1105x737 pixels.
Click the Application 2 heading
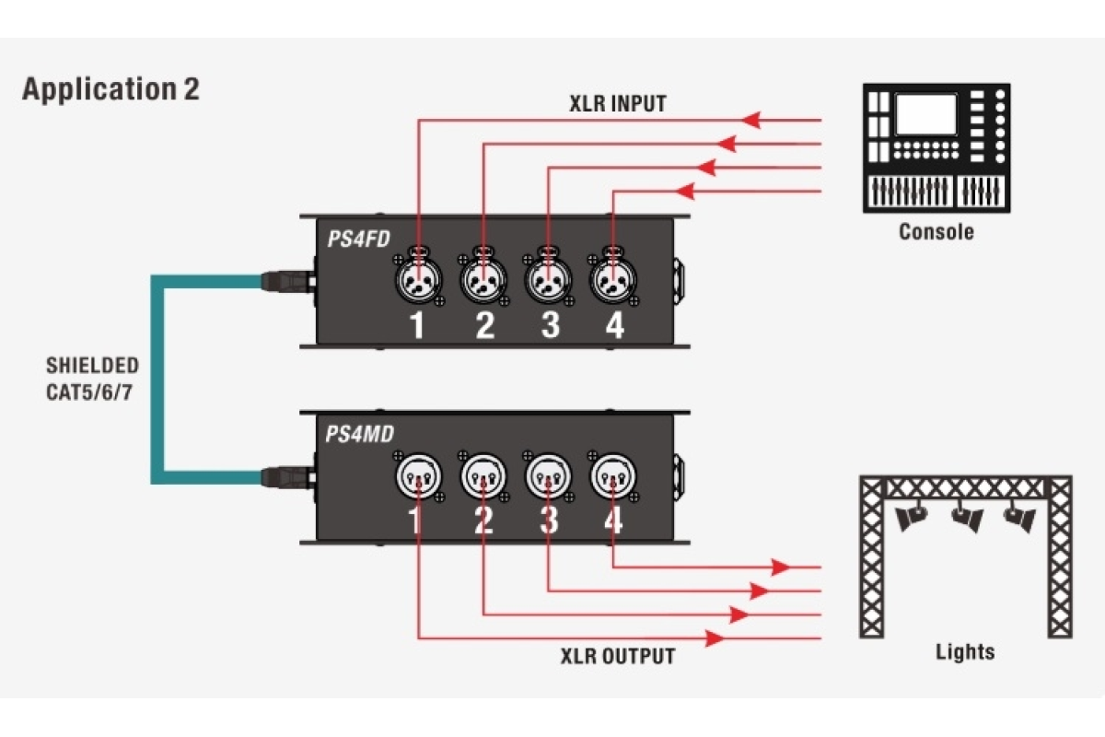(x=110, y=89)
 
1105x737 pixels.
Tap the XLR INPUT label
(x=617, y=103)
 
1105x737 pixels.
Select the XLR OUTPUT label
(x=618, y=656)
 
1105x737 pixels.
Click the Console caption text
(x=936, y=231)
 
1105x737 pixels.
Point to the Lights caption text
(x=965, y=652)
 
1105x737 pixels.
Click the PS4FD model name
(x=358, y=240)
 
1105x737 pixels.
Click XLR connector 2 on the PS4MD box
(x=483, y=476)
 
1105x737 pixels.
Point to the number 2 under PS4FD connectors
(x=484, y=325)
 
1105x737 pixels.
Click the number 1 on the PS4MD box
(x=416, y=521)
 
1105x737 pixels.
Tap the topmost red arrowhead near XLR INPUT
(x=752, y=120)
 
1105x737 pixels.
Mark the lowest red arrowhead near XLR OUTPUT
(x=715, y=638)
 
